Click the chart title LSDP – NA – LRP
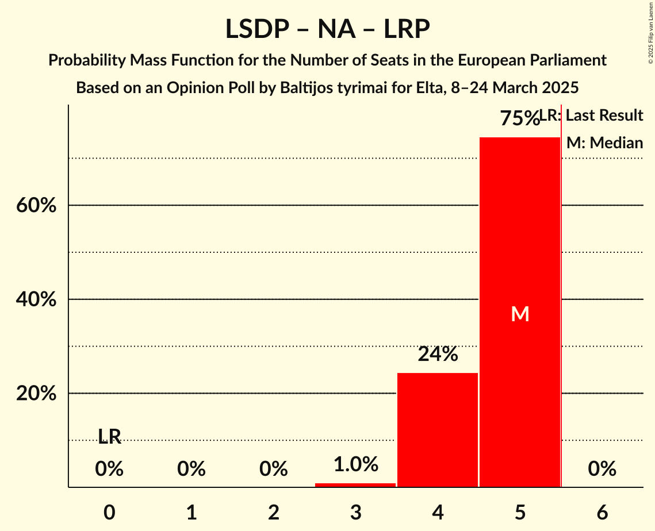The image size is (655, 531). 327,29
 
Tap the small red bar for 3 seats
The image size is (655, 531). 355,485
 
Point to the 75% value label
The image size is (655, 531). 519,118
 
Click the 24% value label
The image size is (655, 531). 438,355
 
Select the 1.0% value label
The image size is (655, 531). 355,464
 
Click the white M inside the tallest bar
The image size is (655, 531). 520,314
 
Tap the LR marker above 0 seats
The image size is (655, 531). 109,437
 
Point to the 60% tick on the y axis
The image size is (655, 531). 36,205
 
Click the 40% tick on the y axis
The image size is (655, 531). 36,299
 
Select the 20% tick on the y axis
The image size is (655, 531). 36,394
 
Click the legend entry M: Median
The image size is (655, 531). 604,143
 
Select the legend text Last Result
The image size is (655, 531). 604,116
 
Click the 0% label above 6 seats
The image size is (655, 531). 602,470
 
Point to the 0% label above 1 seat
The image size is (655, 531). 191,470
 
